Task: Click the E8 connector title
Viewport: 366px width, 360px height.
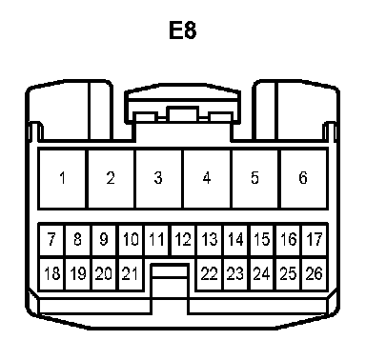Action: click(183, 30)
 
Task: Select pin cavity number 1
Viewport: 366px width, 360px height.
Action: click(62, 179)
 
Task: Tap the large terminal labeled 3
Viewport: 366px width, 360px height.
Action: click(159, 179)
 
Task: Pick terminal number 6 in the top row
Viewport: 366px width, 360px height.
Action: click(303, 179)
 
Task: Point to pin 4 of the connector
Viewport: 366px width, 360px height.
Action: click(207, 179)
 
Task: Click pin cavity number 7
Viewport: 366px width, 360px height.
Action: click(51, 240)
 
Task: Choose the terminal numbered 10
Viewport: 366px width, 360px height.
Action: click(131, 240)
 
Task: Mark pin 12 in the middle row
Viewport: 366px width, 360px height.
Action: click(183, 240)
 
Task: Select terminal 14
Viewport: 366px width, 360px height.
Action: click(236, 240)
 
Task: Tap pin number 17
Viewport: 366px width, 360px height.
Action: click(315, 240)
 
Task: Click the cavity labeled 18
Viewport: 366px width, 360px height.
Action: click(51, 273)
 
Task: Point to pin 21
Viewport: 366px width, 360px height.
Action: click(131, 273)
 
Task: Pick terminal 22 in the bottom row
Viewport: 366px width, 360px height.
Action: click(210, 273)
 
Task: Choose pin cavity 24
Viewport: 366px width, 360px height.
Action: click(262, 273)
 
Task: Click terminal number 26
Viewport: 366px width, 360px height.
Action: click(315, 273)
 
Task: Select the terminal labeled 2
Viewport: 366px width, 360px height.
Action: click(111, 179)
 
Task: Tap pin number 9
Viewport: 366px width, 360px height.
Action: click(104, 240)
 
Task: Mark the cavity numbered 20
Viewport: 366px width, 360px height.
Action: click(104, 273)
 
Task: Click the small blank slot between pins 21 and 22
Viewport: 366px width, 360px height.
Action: click(170, 271)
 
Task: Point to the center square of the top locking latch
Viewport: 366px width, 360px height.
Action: click(183, 114)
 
